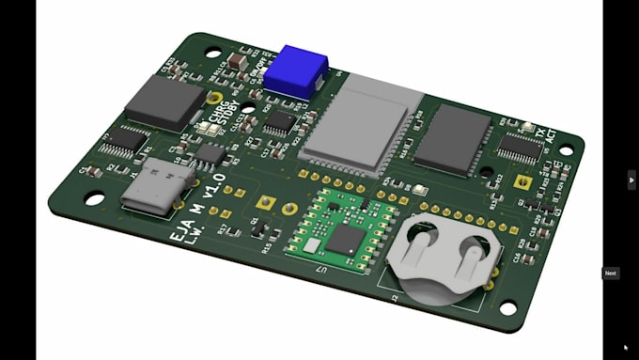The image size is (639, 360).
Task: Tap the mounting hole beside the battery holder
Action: click(507, 307)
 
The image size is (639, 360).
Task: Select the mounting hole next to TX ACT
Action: click(566, 143)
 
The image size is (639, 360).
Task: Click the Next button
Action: click(611, 274)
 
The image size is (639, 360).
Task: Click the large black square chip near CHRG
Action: click(165, 102)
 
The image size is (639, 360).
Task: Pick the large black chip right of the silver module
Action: click(458, 138)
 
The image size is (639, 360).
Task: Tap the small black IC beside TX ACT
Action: click(518, 147)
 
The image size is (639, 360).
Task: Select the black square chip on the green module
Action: click(344, 239)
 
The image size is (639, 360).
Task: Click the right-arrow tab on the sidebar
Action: click(631, 180)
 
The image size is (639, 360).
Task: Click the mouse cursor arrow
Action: click(626, 347)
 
